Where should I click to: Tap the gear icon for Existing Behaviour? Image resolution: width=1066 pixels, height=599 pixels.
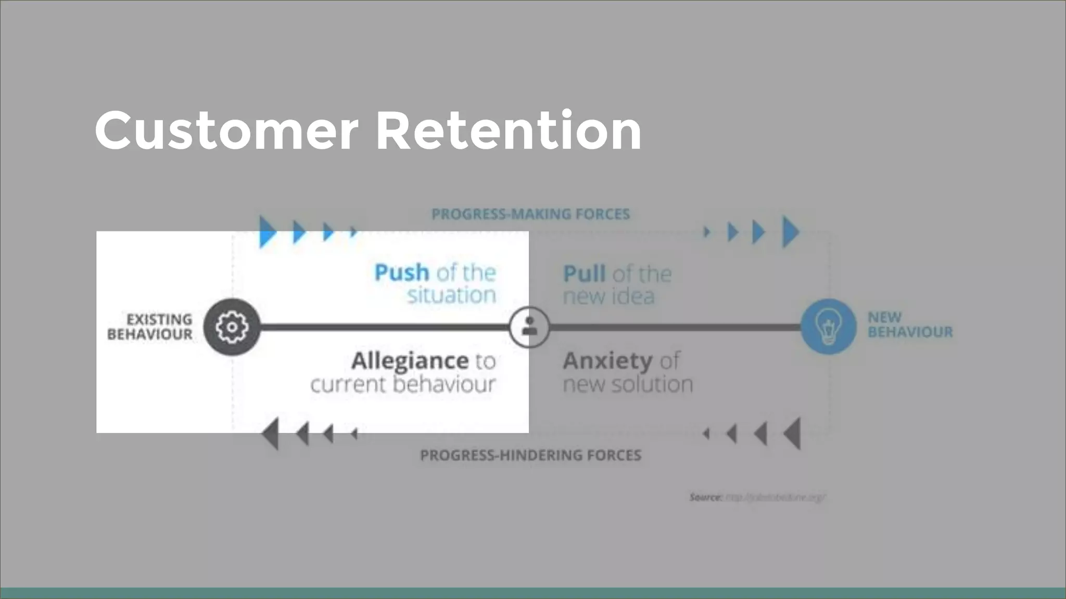232,327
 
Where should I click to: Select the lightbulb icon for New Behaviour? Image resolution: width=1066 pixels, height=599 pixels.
828,327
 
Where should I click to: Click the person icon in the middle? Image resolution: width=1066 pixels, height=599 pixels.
529,327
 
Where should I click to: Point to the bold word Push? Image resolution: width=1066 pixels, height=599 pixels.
401,272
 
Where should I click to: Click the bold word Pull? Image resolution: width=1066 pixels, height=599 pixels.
584,274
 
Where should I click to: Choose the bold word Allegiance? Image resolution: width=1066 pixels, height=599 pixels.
410,360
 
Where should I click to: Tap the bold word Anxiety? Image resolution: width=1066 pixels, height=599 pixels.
607,360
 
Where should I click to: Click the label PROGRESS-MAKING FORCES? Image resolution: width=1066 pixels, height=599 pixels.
530,214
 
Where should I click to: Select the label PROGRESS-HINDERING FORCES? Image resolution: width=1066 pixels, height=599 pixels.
530,455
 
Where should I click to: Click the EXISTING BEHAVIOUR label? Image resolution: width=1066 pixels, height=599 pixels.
150,327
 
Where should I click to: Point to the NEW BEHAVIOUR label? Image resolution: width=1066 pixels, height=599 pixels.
910,324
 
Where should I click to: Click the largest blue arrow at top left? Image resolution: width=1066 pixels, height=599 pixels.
268,232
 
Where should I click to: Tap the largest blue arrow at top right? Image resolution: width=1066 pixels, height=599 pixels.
791,232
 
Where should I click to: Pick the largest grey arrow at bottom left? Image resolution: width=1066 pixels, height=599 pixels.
271,433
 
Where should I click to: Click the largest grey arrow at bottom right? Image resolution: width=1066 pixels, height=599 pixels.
792,433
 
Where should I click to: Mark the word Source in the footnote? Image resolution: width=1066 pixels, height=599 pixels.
705,497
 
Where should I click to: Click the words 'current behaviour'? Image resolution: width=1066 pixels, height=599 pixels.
403,384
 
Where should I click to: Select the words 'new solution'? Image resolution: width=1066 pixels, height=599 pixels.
628,384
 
